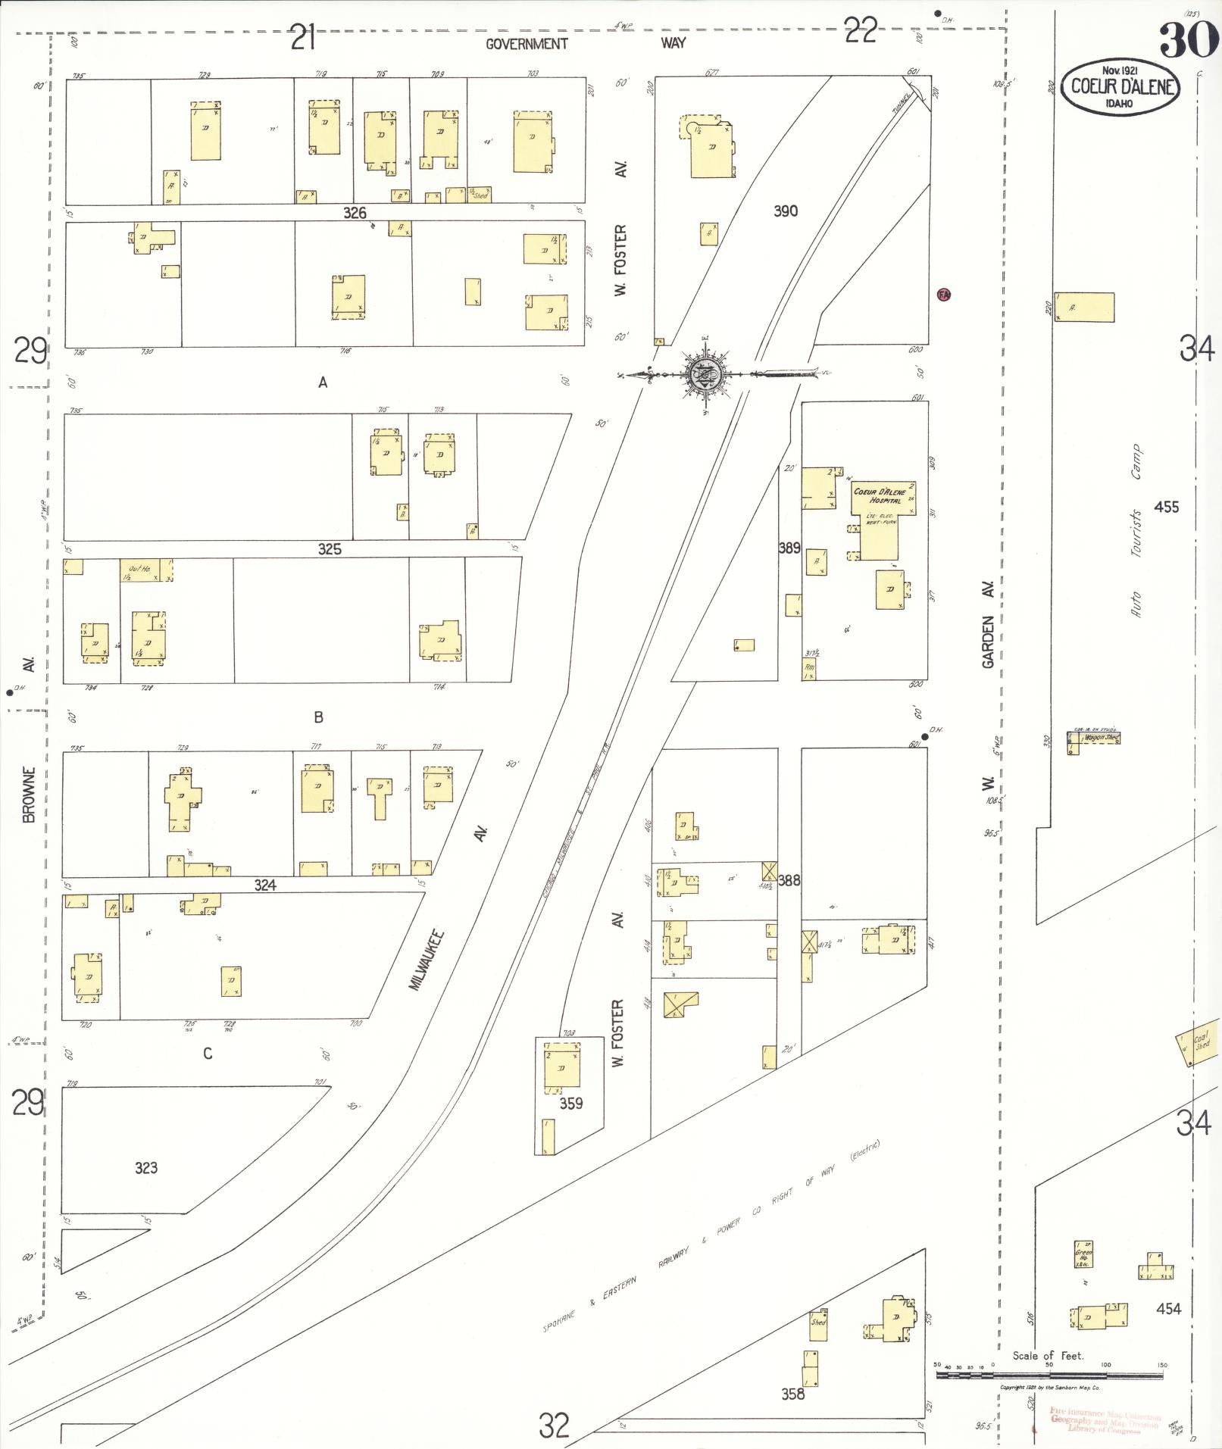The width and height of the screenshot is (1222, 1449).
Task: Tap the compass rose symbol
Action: point(704,373)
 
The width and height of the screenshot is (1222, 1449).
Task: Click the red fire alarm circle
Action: point(943,295)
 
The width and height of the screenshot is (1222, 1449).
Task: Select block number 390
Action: point(786,211)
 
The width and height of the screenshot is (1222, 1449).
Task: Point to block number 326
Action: point(355,213)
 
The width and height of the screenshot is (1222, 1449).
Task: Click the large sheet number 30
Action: point(1186,39)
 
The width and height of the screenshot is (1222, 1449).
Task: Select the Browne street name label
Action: point(30,794)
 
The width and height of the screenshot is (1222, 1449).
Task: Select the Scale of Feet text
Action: point(1048,1355)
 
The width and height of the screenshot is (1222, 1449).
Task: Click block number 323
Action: point(146,1167)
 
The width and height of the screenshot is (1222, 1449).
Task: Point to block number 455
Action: point(1166,507)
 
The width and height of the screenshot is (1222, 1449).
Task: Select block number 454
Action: point(1168,1308)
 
